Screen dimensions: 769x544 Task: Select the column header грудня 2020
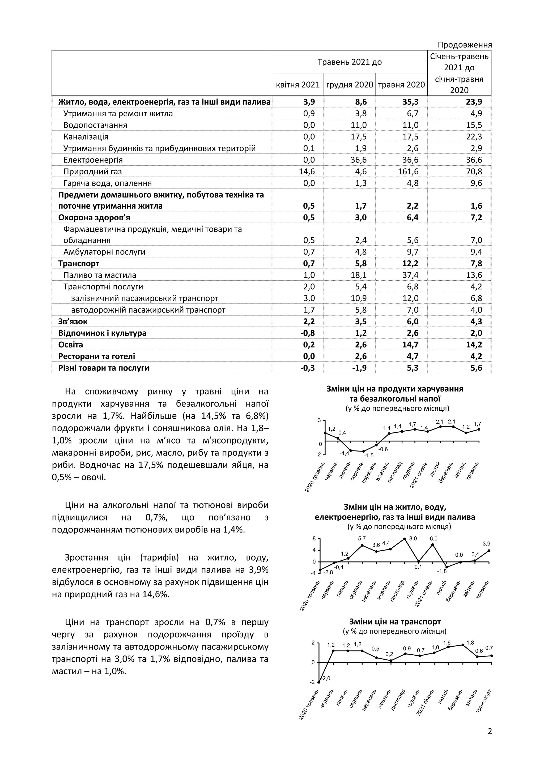[349, 85]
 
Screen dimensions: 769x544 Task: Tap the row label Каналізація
[86, 137]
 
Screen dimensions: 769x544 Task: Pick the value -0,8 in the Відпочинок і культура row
[307, 333]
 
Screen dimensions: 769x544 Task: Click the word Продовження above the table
[465, 45]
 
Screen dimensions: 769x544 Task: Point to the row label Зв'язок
[73, 321]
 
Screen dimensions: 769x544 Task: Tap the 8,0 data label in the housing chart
[413, 539]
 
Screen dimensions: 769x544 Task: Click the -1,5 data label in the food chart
[369, 456]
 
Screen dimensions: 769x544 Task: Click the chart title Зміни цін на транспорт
[395, 622]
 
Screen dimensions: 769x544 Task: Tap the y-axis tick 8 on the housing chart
[314, 539]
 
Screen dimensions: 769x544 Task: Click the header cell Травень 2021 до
[349, 62]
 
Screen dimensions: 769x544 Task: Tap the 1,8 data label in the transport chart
[470, 643]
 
